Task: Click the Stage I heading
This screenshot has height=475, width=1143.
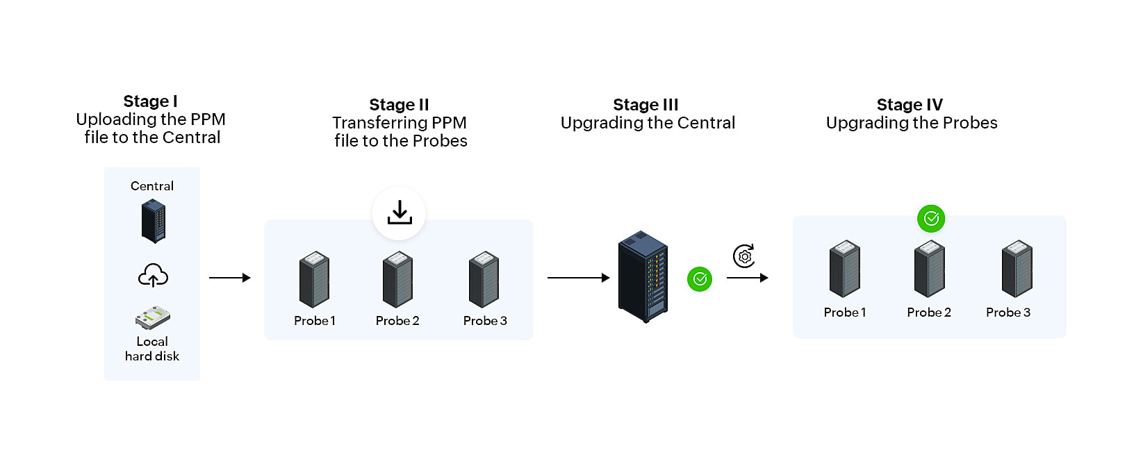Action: (151, 101)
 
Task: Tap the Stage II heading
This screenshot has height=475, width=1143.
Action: (399, 105)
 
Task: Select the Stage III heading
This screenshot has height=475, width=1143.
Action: (645, 105)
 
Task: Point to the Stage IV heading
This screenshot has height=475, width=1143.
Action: (910, 105)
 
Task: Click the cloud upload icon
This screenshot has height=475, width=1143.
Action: (153, 276)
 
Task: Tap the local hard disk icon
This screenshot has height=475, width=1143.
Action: (153, 318)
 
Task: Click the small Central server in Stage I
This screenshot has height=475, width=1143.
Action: (154, 221)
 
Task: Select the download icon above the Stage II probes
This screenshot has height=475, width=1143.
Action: (399, 213)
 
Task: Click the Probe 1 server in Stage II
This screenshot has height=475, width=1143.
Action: (314, 279)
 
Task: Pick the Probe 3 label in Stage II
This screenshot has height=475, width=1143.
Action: (485, 321)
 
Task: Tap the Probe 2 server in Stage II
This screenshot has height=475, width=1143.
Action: (397, 279)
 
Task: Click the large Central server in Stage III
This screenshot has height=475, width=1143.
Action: (643, 277)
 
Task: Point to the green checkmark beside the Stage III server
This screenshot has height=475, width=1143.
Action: (700, 279)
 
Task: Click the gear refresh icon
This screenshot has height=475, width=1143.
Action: (744, 256)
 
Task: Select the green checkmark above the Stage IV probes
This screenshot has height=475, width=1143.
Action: (931, 219)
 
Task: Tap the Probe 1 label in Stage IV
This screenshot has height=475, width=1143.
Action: (845, 312)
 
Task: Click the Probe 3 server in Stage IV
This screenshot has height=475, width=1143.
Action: (1017, 269)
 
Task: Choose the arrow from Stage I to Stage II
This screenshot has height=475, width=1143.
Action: (230, 278)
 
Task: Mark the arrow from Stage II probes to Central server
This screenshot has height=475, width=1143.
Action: (578, 278)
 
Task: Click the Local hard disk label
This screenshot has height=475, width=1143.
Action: (152, 349)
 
